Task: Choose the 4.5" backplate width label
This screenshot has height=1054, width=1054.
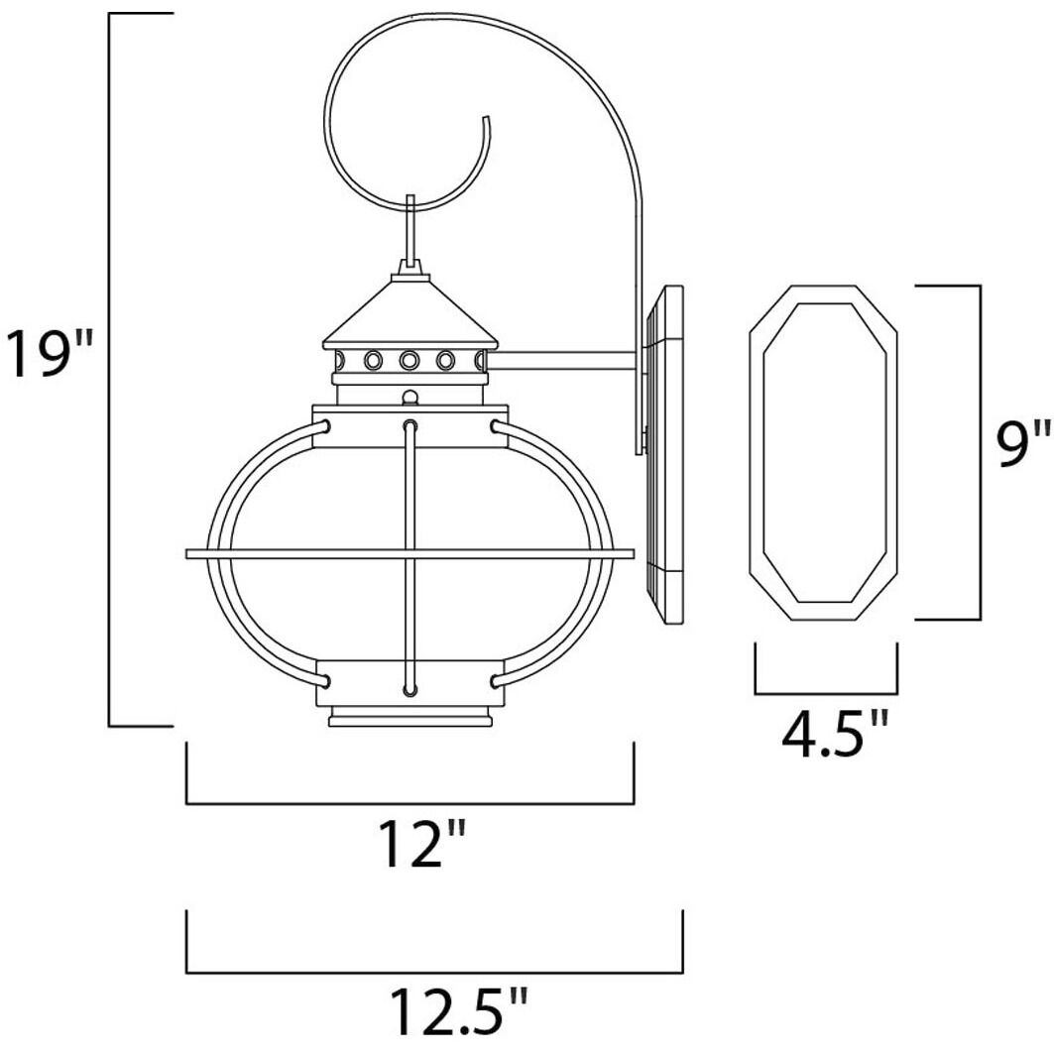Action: (831, 735)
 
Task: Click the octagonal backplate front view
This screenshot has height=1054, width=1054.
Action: (823, 453)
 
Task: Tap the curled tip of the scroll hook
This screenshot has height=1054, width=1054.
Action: (486, 123)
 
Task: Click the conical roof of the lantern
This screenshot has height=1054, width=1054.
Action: (410, 311)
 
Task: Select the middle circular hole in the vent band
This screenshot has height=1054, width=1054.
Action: (409, 360)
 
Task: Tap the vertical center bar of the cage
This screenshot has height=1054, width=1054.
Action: (410, 555)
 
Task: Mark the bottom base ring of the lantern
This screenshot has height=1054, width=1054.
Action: (410, 718)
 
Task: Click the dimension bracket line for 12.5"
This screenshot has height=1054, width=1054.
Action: (433, 972)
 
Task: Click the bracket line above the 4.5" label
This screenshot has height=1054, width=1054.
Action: (826, 692)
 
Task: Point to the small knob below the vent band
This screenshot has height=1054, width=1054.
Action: (410, 398)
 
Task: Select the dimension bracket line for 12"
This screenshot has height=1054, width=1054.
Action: (410, 802)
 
